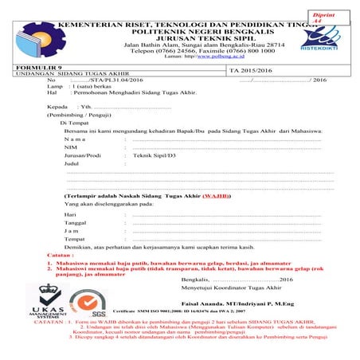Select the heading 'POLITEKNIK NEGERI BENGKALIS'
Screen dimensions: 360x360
178,25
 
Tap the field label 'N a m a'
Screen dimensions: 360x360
78,139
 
